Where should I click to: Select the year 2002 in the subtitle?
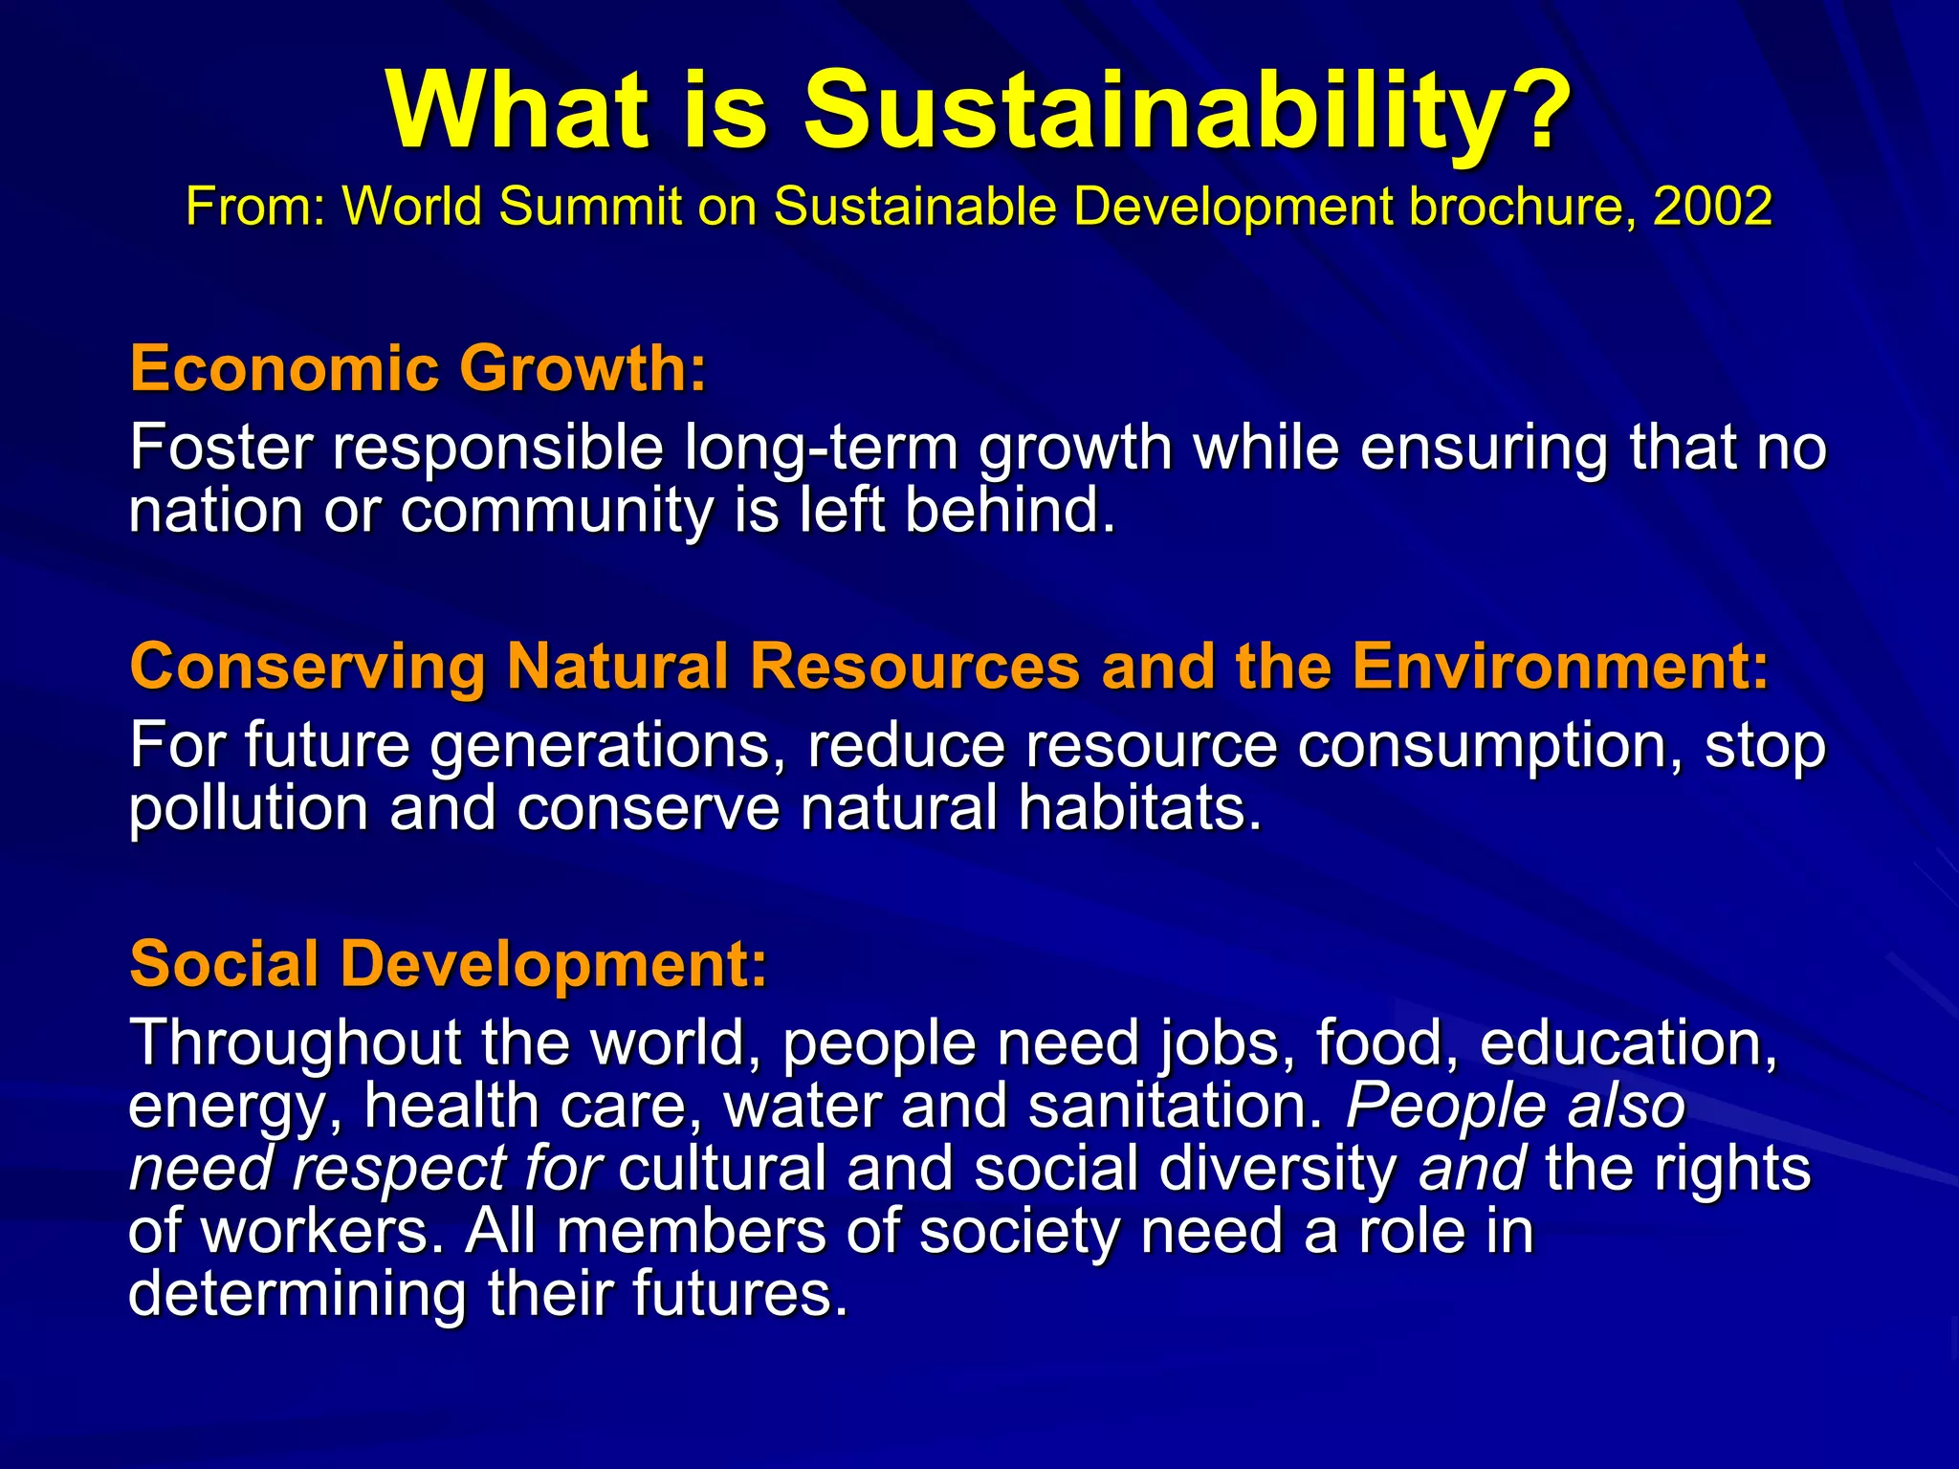pyautogui.click(x=1712, y=206)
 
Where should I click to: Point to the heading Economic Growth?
pyautogui.click(x=418, y=368)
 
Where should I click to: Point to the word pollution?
pyautogui.click(x=248, y=809)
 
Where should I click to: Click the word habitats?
pyautogui.click(x=1140, y=808)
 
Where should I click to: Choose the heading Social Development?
pyautogui.click(x=448, y=963)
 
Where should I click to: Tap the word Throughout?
pyautogui.click(x=296, y=1043)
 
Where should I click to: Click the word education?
pyautogui.click(x=1627, y=1042)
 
